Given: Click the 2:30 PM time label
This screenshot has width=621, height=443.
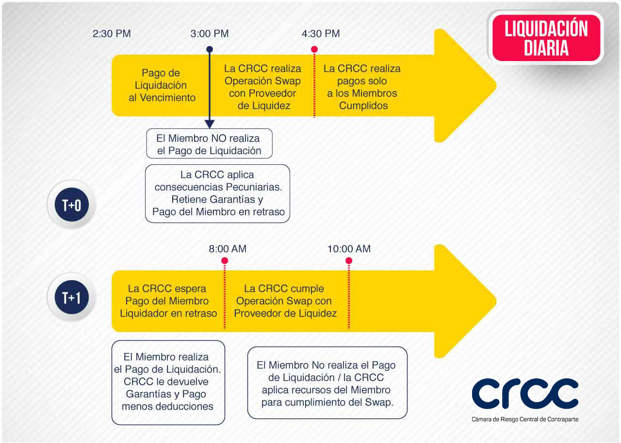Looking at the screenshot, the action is [x=112, y=34].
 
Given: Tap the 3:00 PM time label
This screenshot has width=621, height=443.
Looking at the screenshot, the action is [x=210, y=34].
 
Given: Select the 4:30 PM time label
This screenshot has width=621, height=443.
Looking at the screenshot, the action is [x=321, y=34].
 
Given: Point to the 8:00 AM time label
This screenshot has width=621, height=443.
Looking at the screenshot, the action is [x=228, y=249].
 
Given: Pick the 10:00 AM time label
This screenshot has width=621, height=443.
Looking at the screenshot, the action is [x=349, y=249].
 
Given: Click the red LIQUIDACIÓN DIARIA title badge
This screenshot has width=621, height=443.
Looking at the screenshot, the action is [x=546, y=38].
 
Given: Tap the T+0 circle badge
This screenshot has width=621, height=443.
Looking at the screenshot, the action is [x=72, y=205].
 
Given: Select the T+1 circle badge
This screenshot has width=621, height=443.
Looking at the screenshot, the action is [x=72, y=297].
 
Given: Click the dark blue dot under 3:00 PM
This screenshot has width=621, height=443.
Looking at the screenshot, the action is [x=210, y=49].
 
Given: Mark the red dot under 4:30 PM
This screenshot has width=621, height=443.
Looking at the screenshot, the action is [x=314, y=49].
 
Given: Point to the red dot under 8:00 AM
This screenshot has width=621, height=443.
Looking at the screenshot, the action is [x=225, y=261].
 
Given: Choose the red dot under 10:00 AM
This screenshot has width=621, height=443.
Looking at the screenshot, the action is [x=349, y=261].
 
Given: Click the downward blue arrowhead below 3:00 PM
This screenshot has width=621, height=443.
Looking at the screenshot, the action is [x=210, y=124].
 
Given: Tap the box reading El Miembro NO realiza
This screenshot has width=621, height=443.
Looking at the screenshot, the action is [x=209, y=143].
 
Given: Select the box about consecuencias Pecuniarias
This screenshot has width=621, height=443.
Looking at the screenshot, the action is [x=218, y=193].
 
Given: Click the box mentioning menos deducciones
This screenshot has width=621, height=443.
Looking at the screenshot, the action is [x=168, y=382].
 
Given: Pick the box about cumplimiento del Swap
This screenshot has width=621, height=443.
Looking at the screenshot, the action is [x=327, y=382].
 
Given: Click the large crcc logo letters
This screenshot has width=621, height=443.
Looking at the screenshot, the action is [x=525, y=394].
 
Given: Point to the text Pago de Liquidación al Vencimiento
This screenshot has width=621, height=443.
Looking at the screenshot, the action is [x=162, y=85].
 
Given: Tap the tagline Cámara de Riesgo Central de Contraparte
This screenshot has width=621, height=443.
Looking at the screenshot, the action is [x=525, y=419].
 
